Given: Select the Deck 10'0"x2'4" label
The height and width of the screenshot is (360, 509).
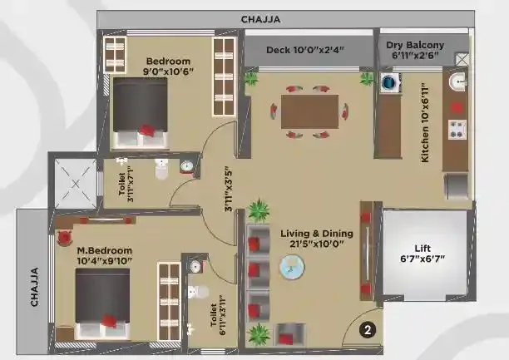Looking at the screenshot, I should [x=305, y=50].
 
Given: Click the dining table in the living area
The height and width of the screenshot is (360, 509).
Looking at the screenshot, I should [x=309, y=111].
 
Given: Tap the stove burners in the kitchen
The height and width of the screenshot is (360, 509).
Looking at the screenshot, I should [x=457, y=129].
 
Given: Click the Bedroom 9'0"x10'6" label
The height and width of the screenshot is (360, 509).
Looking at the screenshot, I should [x=168, y=67].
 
